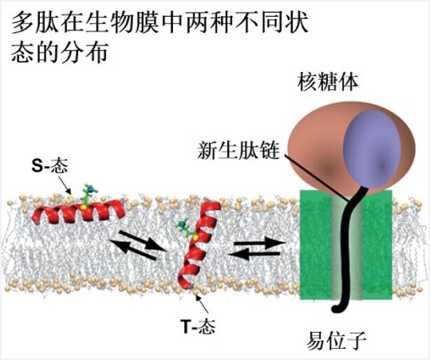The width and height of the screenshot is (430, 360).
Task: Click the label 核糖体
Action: point(328,82)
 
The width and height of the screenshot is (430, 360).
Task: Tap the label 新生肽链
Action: point(239,150)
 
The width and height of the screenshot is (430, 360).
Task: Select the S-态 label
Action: point(49,166)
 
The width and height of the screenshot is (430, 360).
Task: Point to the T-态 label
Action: point(199,326)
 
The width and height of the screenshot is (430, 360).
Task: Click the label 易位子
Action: point(337,341)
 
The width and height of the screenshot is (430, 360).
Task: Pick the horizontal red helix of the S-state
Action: point(78,212)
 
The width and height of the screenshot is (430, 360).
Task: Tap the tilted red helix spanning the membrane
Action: point(199,244)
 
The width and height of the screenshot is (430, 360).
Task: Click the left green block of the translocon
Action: point(315,245)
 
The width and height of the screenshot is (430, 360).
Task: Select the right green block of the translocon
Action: point(377,245)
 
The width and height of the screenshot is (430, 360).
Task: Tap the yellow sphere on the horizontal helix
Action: point(84,208)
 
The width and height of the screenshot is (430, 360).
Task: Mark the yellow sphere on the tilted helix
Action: point(195,237)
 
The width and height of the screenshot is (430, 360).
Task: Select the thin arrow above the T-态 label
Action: point(203,305)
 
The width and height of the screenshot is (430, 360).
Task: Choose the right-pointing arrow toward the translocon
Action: point(259,243)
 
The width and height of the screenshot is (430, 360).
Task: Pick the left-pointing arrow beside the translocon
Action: point(254,254)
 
